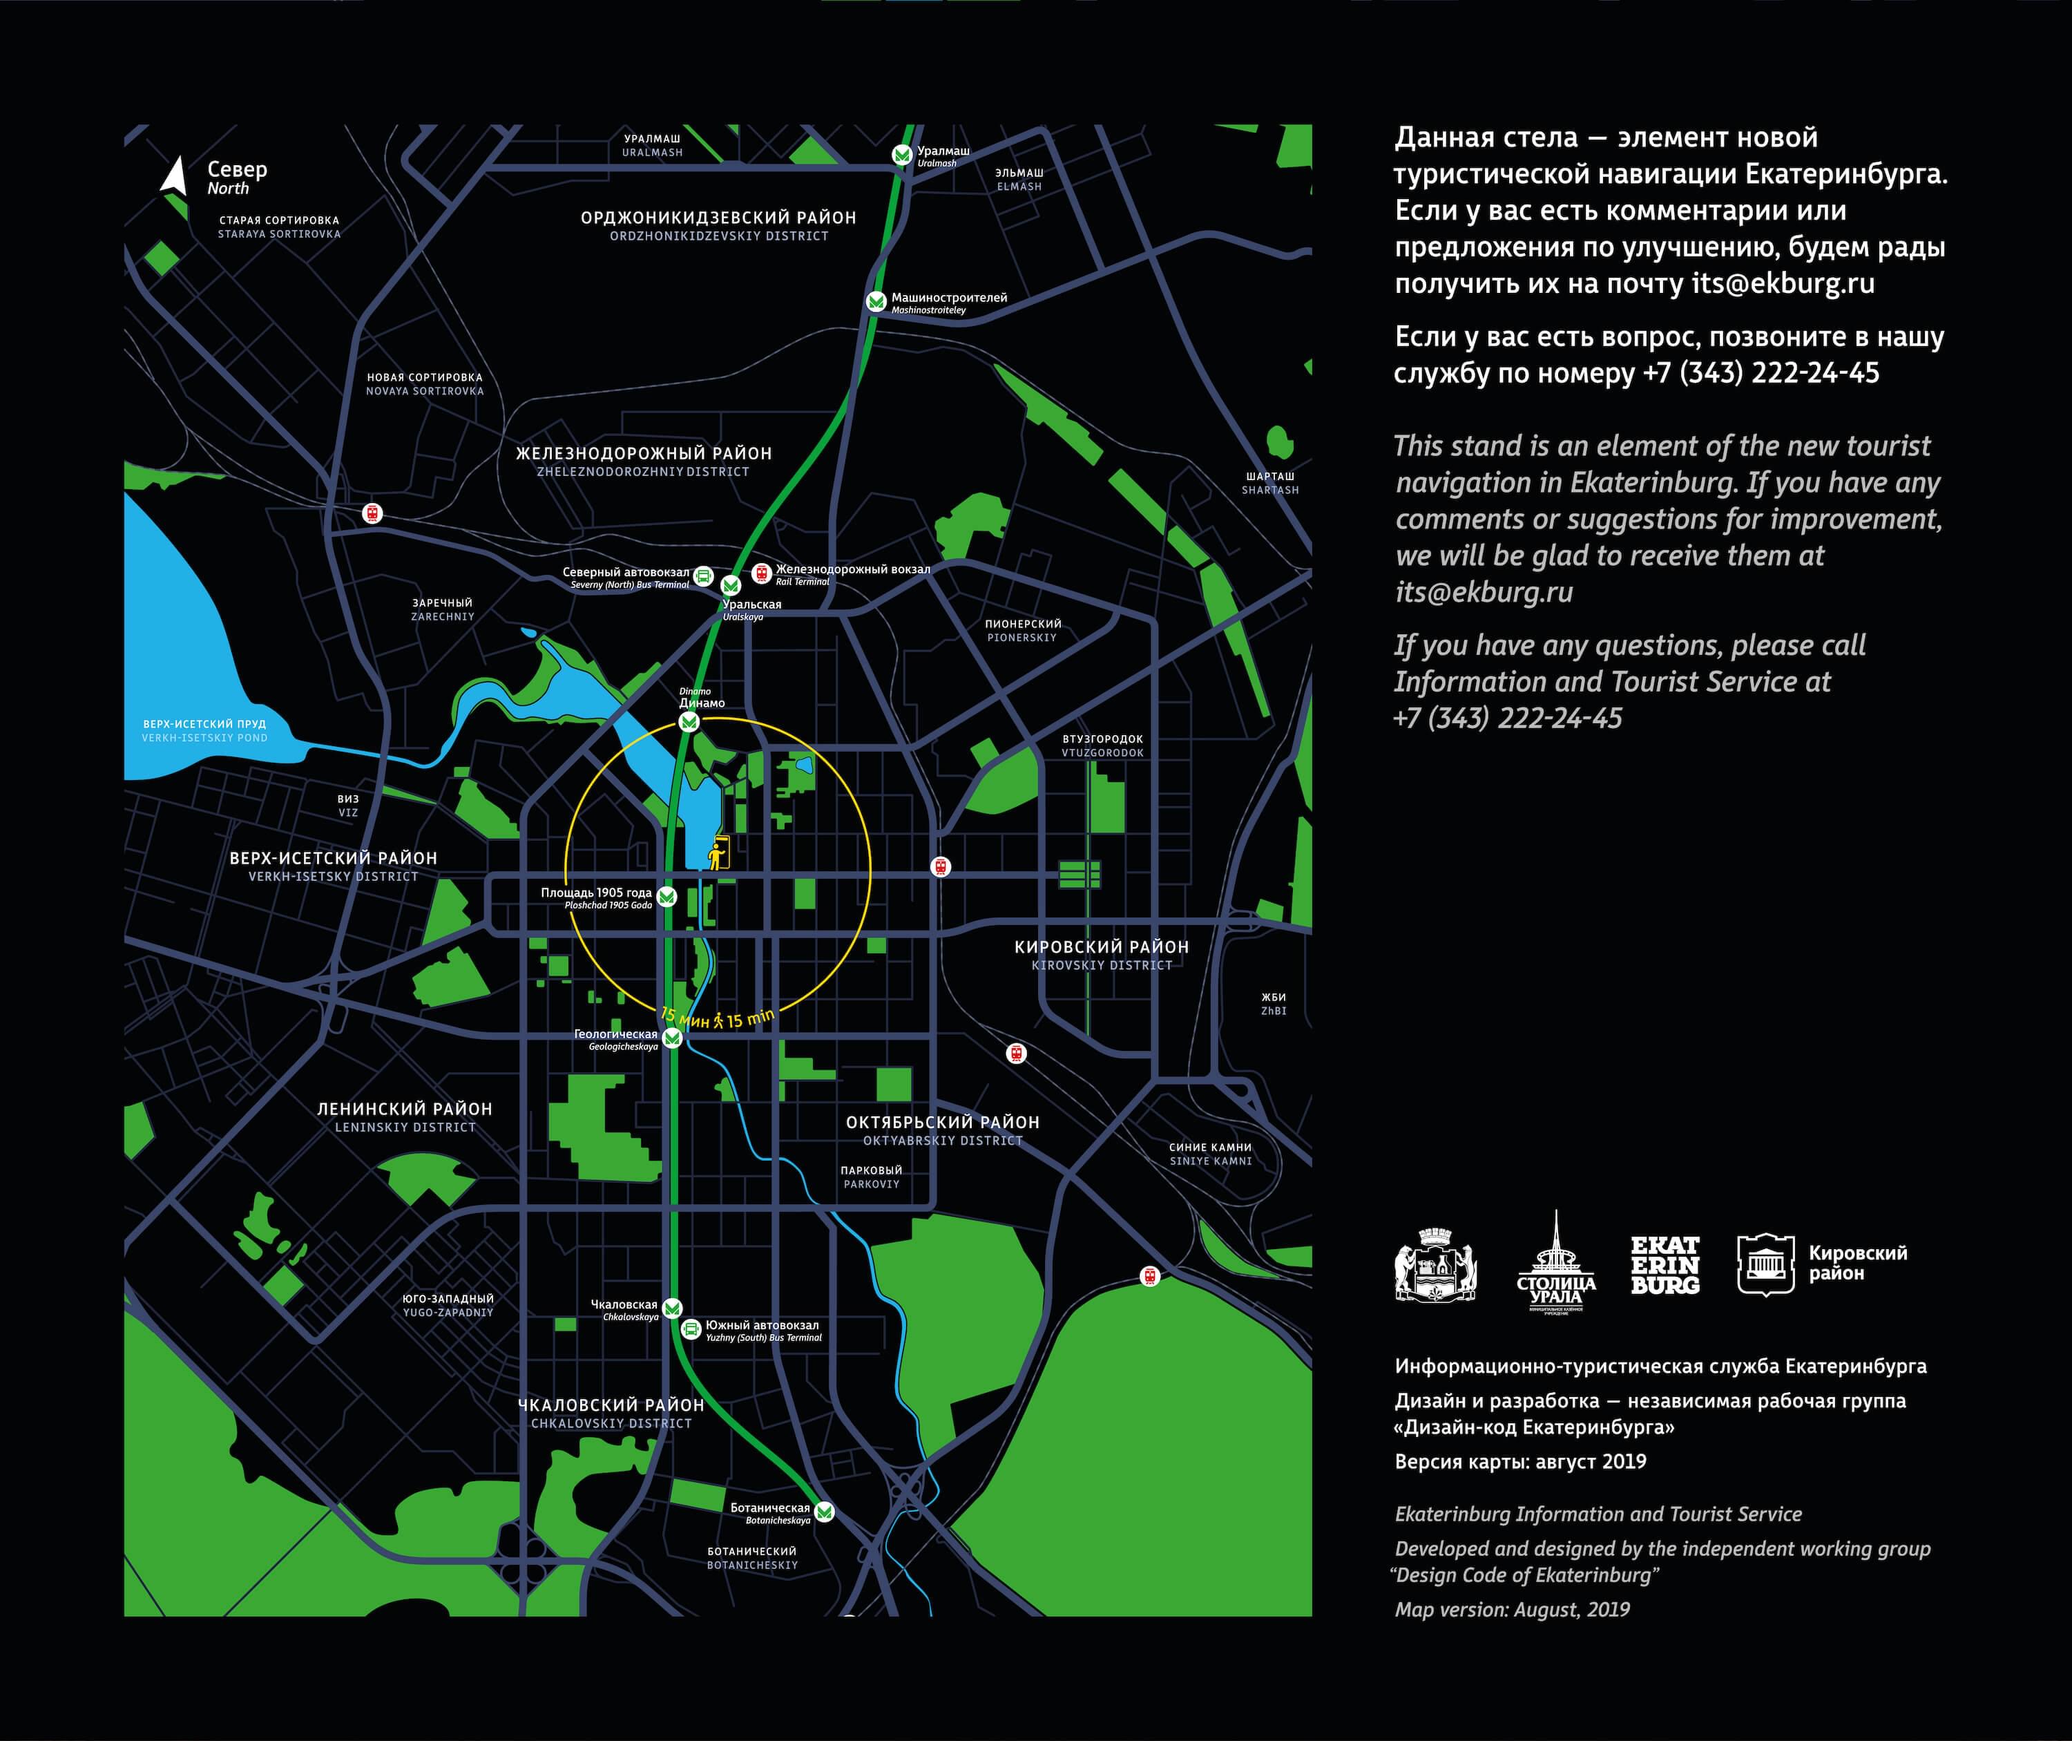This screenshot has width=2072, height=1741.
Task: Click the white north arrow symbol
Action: coord(175,177)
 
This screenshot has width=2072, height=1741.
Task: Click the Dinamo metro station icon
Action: coord(690,721)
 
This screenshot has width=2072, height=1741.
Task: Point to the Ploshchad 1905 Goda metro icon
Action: coord(667,896)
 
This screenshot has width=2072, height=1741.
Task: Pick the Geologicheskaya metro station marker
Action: coord(672,1037)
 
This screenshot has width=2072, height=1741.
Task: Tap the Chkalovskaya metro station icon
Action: coord(672,1308)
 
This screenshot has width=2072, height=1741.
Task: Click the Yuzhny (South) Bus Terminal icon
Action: coord(691,1329)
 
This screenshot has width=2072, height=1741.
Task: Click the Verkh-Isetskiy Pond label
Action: coord(204,730)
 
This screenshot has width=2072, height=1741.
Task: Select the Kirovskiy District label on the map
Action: coord(1101,954)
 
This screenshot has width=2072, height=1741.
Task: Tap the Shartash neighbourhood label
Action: coord(1270,483)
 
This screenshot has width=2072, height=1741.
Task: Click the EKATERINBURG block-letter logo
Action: coord(1665,1265)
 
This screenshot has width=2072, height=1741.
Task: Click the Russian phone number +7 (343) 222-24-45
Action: coord(1761,373)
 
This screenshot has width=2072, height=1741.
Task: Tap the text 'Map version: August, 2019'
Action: coord(1512,1610)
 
